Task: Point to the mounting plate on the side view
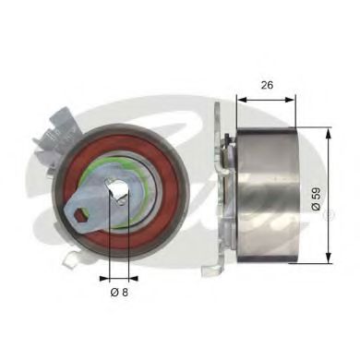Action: point(220,185)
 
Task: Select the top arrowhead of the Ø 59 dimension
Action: point(329,133)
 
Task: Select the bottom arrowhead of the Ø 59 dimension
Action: point(329,259)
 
